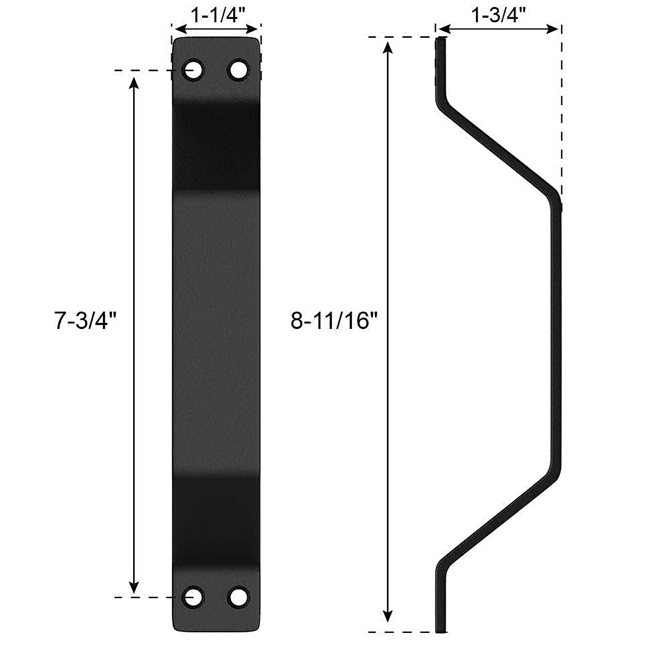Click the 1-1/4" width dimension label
215,14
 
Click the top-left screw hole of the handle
194,70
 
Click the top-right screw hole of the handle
238,70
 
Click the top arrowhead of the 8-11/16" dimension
389,47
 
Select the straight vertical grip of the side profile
556,334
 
